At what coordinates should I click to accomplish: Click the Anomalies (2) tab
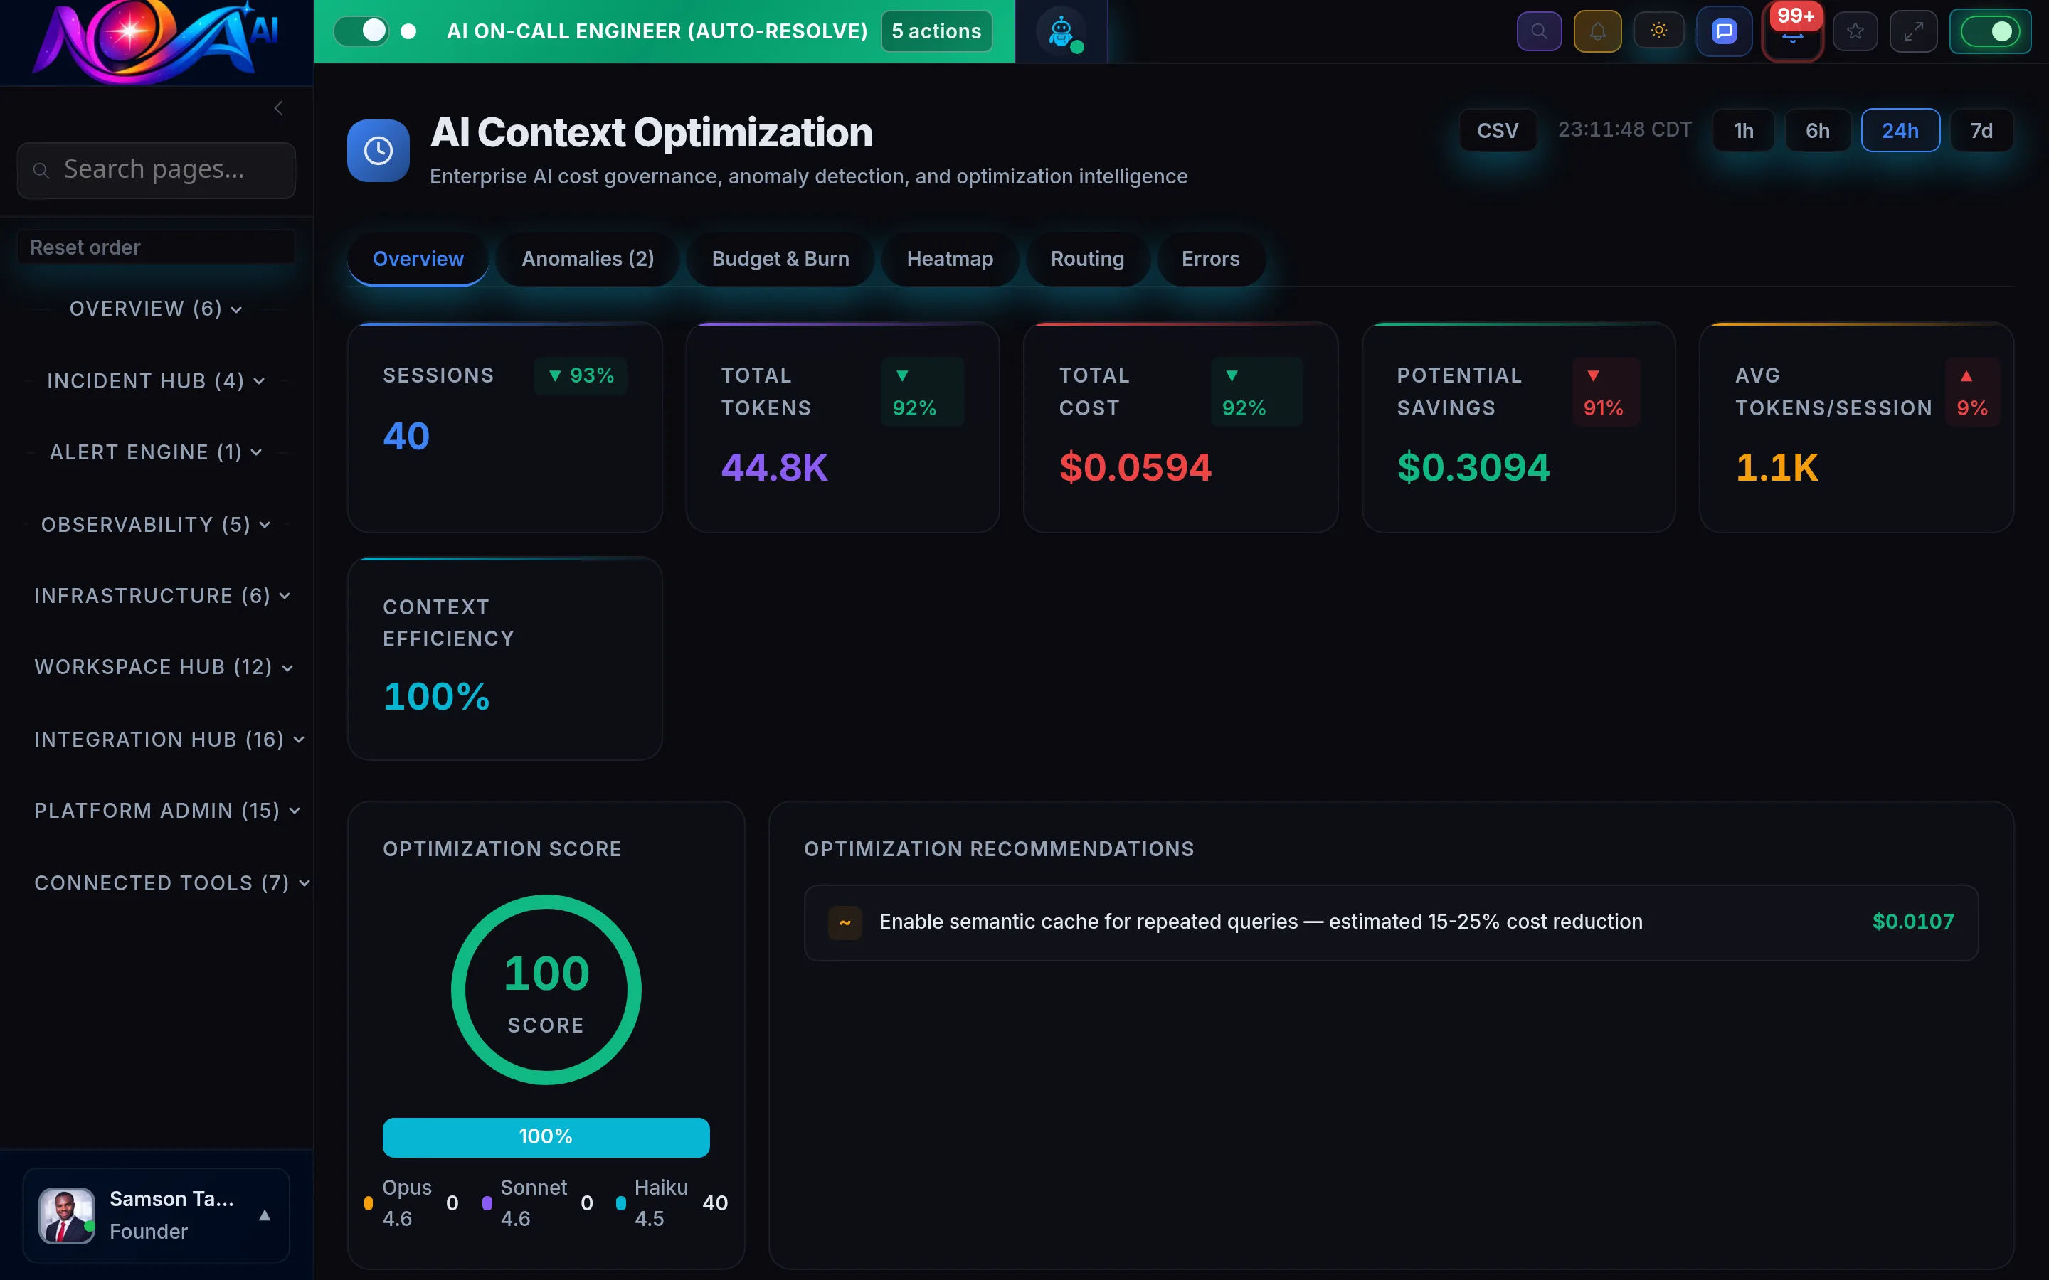pos(588,259)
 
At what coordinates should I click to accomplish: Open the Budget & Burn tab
pos(780,259)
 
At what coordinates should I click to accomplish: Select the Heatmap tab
pos(949,259)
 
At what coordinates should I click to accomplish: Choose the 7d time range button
pos(1981,130)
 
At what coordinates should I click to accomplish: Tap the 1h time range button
pos(1742,130)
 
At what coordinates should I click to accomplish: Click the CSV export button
pos(1497,130)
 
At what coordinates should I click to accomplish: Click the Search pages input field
pos(157,170)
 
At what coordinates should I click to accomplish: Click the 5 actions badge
pos(936,31)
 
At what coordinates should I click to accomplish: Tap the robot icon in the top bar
pos(1061,32)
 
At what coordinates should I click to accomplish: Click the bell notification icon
pos(1597,31)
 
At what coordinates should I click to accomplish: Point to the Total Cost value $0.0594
pos(1135,467)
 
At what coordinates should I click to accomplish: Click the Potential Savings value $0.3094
pos(1473,467)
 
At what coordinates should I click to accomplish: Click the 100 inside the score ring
pos(546,974)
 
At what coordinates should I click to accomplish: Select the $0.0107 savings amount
pos(1912,921)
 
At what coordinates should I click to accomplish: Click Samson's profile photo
pos(66,1215)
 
